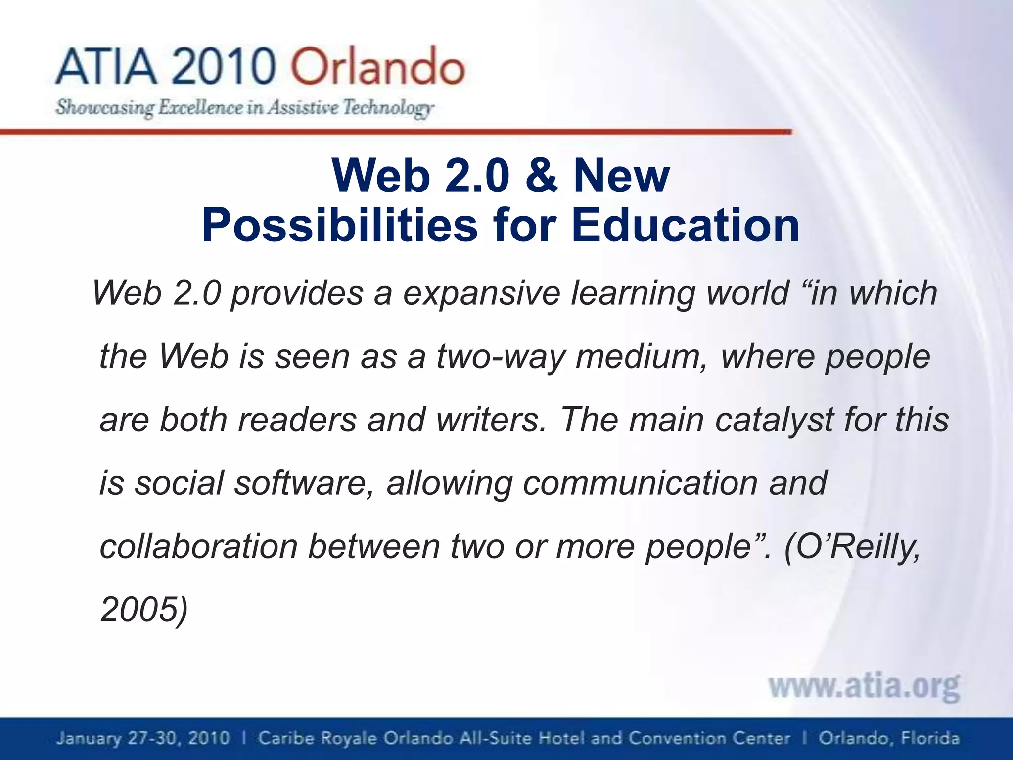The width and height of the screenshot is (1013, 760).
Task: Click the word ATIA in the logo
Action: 106,67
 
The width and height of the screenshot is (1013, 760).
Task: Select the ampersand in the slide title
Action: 541,176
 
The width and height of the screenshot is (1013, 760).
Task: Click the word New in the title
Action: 621,176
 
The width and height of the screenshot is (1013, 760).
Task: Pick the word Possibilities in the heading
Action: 339,225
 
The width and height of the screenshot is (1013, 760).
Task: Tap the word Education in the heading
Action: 685,225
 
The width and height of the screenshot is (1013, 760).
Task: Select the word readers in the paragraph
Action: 297,420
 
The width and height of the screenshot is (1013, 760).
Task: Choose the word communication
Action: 640,483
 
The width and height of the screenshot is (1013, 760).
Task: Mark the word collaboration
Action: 198,546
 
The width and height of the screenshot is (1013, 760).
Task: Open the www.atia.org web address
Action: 864,686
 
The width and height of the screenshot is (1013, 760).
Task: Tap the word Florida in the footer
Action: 930,738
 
